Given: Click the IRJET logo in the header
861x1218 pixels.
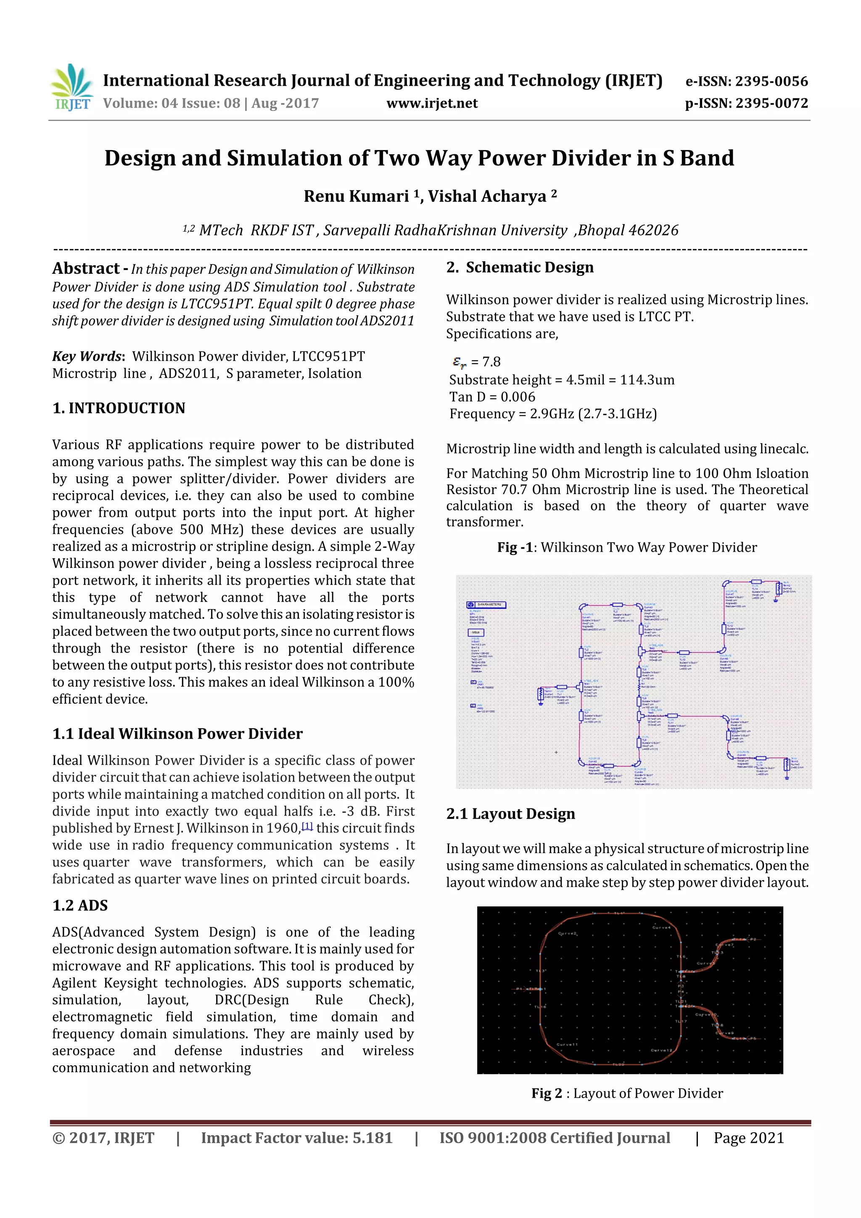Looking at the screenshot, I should (71, 87).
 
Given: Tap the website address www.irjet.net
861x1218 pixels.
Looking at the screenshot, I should (432, 103).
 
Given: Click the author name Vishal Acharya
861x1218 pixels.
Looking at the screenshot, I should (486, 196).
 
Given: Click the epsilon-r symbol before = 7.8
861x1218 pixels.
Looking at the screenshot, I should (460, 362).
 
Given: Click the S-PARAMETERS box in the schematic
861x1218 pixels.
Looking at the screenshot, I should (486, 604).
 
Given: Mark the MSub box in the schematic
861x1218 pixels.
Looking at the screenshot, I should (475, 632).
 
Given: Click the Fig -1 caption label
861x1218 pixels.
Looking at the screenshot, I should (517, 547).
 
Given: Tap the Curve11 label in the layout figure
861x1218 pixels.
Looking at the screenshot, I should (567, 1044).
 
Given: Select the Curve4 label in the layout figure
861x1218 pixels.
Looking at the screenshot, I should (661, 927).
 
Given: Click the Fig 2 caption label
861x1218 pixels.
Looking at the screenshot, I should (547, 1093).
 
